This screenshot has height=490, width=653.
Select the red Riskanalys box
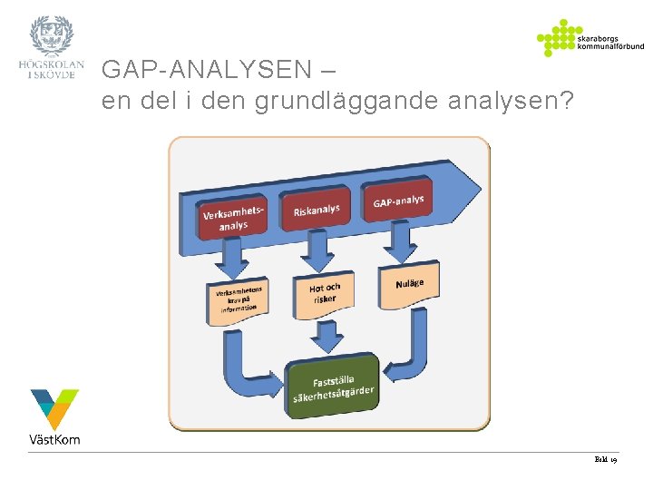(317, 211)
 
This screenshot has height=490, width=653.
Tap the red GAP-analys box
(398, 201)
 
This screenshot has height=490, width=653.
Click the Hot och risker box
(325, 293)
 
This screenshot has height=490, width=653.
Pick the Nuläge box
(409, 284)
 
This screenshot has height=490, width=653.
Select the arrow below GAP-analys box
(399, 241)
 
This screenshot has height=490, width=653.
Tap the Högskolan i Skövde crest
(52, 36)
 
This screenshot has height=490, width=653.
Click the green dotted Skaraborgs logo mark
(555, 38)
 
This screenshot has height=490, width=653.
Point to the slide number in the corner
(606, 460)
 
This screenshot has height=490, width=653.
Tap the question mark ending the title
(567, 101)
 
